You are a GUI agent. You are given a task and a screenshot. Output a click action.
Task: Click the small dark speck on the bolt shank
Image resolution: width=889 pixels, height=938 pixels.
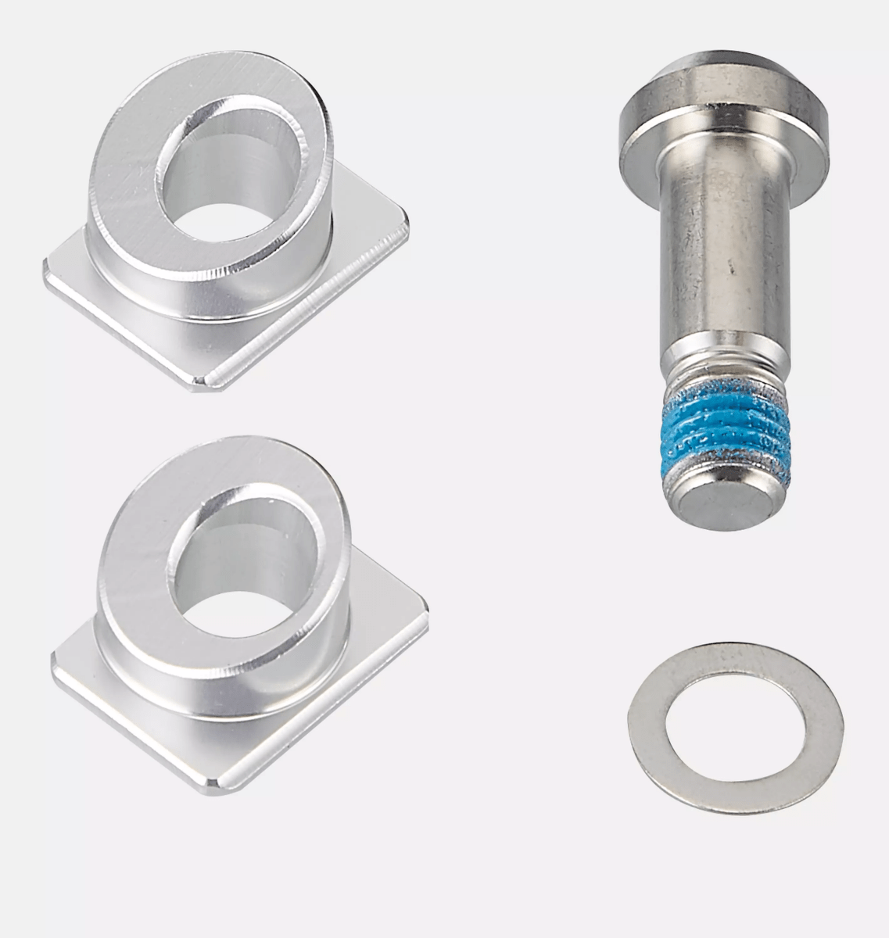(x=732, y=268)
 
